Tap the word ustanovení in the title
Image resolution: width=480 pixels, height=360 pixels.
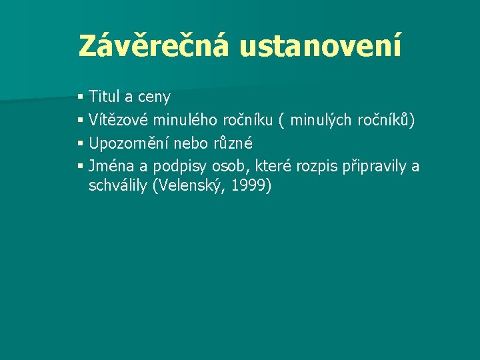(321, 46)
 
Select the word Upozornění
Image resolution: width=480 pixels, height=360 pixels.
(128, 143)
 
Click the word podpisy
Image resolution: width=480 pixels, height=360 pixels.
(179, 167)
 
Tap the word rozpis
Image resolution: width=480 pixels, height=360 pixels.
(317, 167)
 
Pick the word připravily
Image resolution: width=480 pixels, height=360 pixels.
(375, 167)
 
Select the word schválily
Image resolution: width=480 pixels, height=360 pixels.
(119, 186)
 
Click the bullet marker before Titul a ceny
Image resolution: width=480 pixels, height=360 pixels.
(81, 98)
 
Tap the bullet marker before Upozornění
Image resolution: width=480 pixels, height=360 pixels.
(81, 143)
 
